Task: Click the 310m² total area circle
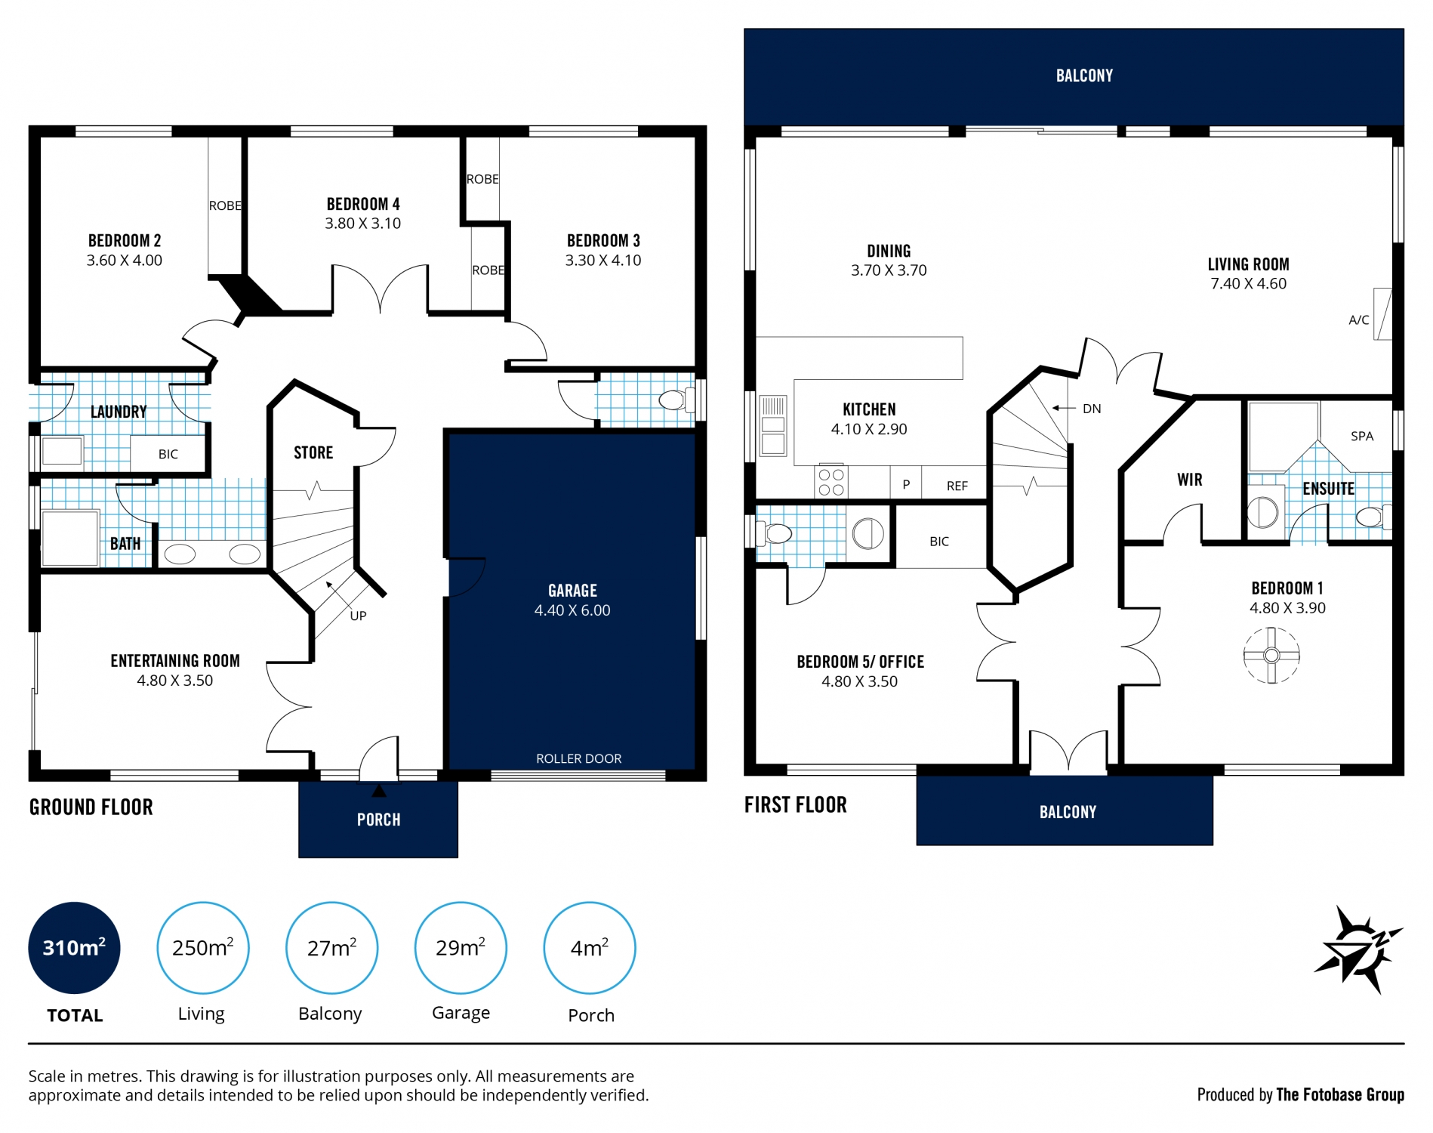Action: point(74,947)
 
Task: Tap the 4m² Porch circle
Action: point(589,947)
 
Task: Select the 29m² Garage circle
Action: point(460,947)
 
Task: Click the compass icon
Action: point(1357,949)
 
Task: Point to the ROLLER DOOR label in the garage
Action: point(578,758)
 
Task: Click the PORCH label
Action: point(378,820)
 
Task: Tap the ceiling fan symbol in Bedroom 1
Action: point(1271,655)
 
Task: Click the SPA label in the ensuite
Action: point(1361,436)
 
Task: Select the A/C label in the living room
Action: point(1358,320)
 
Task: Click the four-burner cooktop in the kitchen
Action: point(831,482)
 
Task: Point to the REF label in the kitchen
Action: point(957,486)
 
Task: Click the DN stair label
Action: point(1091,409)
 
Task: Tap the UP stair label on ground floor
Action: point(358,616)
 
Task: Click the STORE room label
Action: point(313,452)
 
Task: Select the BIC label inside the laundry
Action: point(168,454)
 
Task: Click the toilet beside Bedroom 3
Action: point(673,400)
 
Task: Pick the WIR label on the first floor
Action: point(1189,480)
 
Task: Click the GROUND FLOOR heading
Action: point(91,807)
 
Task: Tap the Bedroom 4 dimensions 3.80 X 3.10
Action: point(362,224)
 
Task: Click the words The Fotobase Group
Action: point(1339,1094)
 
